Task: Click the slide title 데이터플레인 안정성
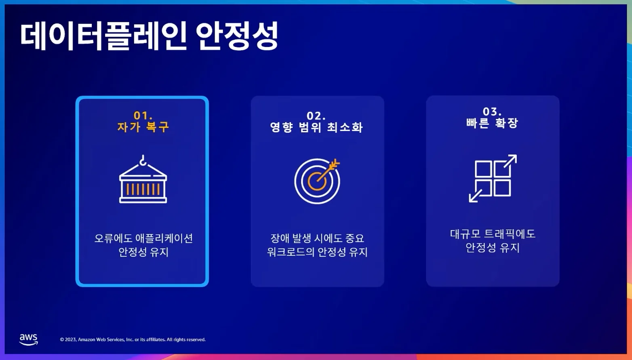(x=149, y=36)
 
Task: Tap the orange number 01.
(x=143, y=116)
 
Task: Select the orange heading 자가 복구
(x=143, y=127)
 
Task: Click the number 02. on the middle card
(x=316, y=116)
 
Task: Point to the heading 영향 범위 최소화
(x=316, y=127)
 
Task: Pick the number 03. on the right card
(x=492, y=112)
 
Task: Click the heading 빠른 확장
(x=492, y=123)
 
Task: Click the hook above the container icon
(x=143, y=160)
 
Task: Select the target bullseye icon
(x=317, y=181)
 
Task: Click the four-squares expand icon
(x=493, y=178)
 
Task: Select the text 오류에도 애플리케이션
(x=143, y=238)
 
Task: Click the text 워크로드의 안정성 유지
(x=317, y=252)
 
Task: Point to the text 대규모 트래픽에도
(x=493, y=234)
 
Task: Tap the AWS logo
(x=29, y=339)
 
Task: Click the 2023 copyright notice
(x=133, y=339)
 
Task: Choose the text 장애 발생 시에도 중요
(x=317, y=238)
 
